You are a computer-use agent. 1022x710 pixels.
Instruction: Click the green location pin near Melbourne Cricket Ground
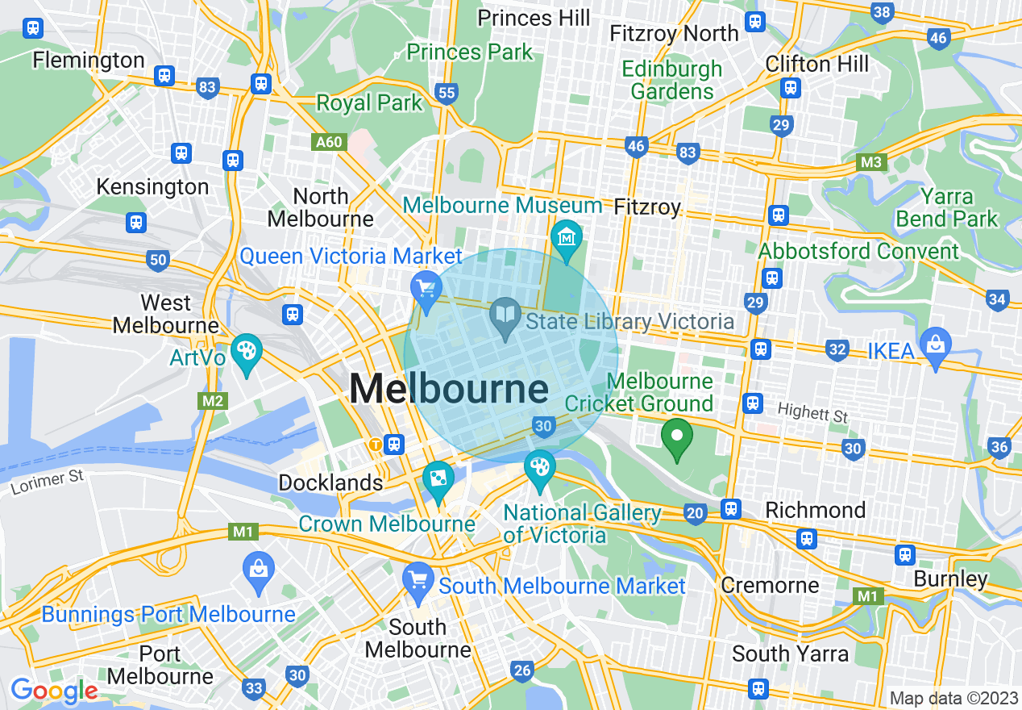677,436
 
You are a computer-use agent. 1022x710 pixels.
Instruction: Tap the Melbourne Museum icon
566,238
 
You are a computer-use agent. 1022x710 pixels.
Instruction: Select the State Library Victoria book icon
505,317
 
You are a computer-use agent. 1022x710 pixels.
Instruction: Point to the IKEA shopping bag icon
935,346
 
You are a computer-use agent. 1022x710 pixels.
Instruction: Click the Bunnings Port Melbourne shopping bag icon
259,568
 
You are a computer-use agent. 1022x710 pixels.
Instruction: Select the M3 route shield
870,162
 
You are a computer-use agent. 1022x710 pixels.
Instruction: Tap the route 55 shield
446,93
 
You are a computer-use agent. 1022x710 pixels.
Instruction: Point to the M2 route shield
211,401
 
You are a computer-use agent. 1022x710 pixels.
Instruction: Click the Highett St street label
812,415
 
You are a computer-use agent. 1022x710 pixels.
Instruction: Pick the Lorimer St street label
48,482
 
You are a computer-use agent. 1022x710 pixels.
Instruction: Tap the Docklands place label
330,482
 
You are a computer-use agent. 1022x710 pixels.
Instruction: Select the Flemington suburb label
89,60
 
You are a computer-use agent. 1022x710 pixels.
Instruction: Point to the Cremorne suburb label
770,585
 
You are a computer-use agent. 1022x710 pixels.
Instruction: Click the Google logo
54,691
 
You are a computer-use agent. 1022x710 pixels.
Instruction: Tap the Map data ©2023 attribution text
953,698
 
